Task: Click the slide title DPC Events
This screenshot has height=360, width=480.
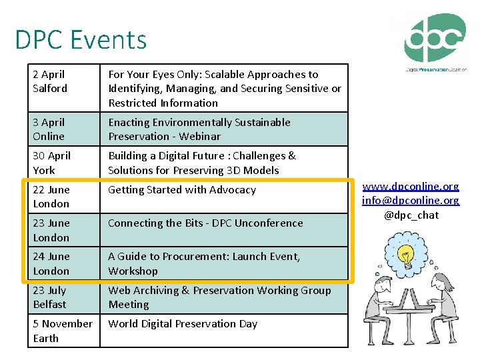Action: pos(81,40)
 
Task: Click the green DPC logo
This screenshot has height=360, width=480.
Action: pos(435,40)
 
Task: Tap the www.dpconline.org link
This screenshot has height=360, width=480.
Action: pos(411,186)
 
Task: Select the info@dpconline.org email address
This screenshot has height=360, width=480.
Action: pos(411,200)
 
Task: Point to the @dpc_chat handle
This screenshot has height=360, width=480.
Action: pos(411,215)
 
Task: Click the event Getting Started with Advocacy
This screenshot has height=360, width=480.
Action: pos(182,190)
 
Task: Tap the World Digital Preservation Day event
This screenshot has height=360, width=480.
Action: pos(183,324)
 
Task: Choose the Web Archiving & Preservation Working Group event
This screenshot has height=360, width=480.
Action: pos(219,297)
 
